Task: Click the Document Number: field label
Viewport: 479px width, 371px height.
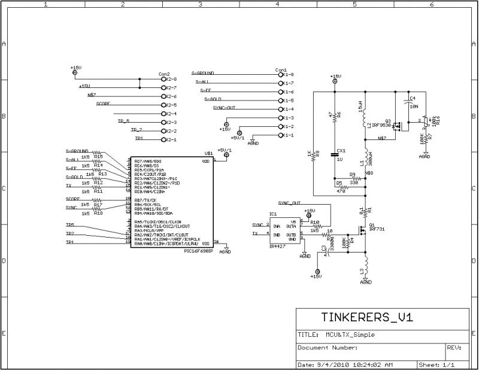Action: coord(328,347)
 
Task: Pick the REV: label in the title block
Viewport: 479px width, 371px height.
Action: coord(453,347)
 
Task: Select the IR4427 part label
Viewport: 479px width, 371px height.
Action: coord(277,247)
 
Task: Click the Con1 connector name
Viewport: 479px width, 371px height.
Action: coord(281,69)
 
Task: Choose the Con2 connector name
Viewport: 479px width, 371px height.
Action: coord(164,74)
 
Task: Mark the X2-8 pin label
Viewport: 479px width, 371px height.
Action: coord(171,79)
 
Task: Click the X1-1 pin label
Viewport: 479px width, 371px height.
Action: coord(289,135)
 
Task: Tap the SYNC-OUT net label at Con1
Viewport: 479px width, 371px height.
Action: coord(224,108)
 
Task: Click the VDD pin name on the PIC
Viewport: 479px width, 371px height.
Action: coord(205,161)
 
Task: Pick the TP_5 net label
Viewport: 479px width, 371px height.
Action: coord(123,121)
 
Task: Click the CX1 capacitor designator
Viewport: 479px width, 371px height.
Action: coord(341,151)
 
